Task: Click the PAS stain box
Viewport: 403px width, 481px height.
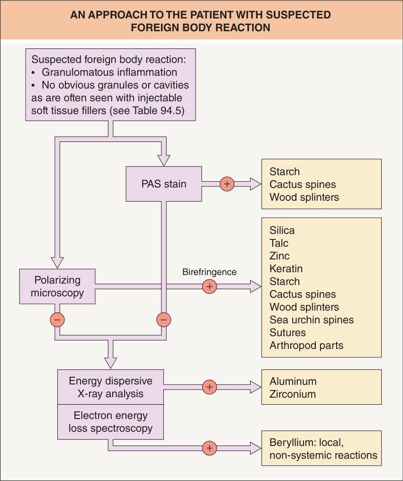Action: tap(163, 184)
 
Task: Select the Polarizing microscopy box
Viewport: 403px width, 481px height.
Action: tap(57, 286)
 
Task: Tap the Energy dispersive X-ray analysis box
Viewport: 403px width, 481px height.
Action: tap(110, 387)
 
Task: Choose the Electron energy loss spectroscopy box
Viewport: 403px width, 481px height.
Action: tap(110, 422)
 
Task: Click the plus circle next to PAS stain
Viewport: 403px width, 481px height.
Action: tap(227, 184)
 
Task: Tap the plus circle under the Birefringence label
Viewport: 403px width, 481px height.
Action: tap(210, 286)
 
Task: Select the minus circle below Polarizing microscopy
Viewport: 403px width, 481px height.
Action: tap(57, 320)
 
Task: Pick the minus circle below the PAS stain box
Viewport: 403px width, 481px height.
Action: tap(163, 320)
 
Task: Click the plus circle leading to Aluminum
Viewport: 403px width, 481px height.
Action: tap(210, 387)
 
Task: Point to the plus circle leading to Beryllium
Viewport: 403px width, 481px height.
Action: tap(210, 448)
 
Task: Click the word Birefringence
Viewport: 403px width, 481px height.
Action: tap(209, 272)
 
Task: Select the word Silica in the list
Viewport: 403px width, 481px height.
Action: tap(282, 230)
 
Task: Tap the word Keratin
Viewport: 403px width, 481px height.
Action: tap(286, 268)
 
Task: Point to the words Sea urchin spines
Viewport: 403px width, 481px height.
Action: tap(312, 320)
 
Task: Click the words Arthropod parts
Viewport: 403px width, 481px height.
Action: tap(306, 346)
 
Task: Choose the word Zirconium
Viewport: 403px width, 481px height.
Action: tap(293, 394)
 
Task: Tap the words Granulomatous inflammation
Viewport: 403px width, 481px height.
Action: tap(109, 72)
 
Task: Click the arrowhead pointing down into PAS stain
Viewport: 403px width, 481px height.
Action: tap(163, 160)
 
